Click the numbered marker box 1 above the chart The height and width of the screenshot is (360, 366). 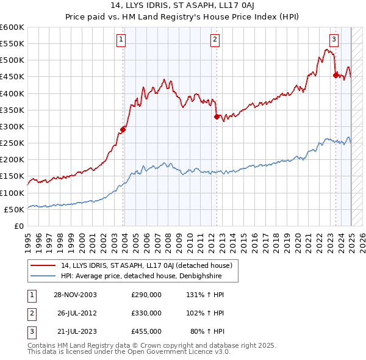pos(121,40)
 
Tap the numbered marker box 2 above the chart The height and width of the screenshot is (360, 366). pos(215,40)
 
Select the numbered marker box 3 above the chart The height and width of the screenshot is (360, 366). pos(334,40)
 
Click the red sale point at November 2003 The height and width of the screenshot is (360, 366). pos(123,129)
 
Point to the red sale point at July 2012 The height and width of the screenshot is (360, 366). pos(217,116)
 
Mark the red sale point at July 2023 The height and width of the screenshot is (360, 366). pos(335,75)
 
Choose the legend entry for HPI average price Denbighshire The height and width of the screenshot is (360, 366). pos(140,276)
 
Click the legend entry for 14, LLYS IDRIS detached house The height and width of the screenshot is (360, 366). pos(146,265)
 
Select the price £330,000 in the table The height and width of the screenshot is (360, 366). pos(146,313)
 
